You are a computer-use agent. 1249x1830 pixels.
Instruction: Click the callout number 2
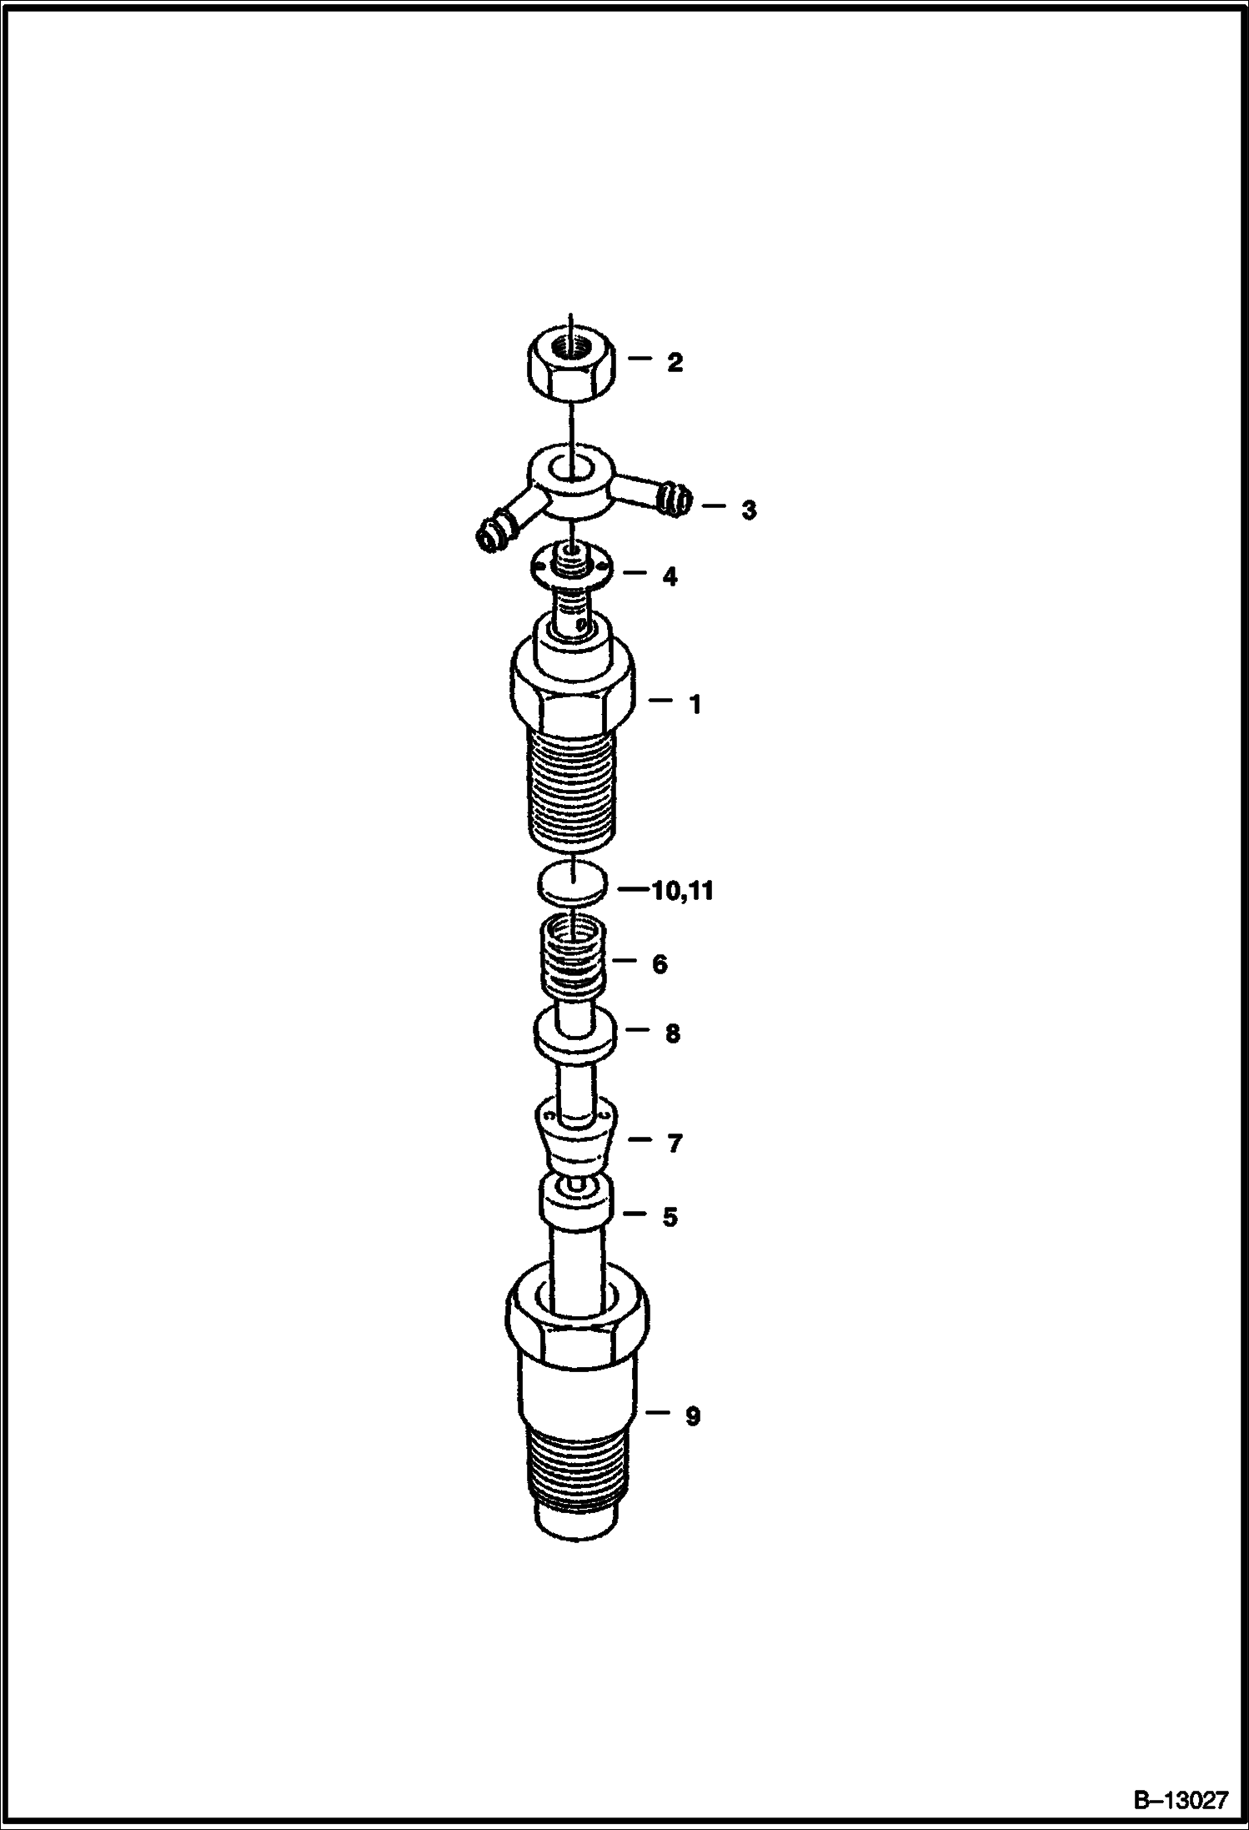coord(675,362)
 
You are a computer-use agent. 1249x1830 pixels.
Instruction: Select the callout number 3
coord(749,510)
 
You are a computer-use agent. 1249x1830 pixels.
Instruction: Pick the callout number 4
coord(670,576)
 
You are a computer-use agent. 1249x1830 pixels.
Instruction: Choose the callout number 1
coord(695,705)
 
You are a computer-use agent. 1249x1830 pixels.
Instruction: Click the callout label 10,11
coord(683,891)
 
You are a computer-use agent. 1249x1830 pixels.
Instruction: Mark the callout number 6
coord(660,964)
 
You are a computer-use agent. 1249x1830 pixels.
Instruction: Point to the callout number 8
coord(672,1034)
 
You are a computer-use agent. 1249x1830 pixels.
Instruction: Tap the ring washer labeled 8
coord(575,1034)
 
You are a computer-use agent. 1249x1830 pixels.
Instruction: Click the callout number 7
coord(675,1144)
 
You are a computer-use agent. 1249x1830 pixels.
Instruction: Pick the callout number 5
coord(670,1217)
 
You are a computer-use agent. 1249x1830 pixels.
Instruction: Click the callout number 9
coord(693,1416)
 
